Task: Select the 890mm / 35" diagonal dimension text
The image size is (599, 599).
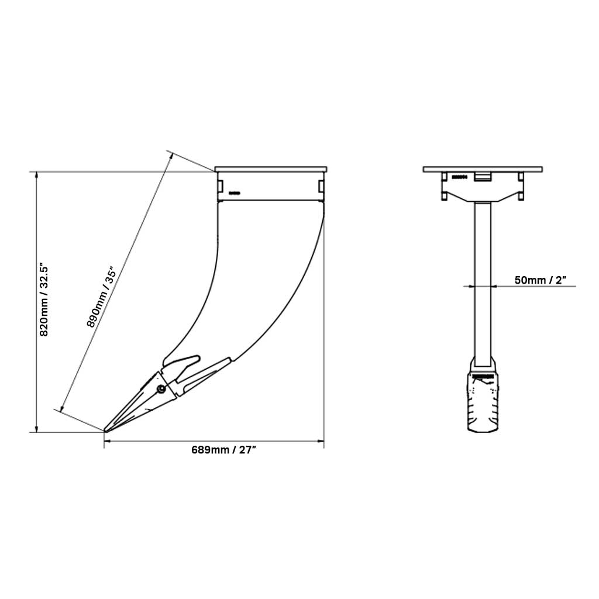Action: point(104,298)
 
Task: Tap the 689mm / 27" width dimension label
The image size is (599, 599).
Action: point(224,450)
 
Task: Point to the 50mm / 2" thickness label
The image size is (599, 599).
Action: point(541,280)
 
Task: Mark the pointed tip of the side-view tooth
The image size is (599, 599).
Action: point(106,431)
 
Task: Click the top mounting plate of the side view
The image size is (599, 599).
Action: point(271,169)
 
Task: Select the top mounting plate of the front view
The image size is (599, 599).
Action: point(483,170)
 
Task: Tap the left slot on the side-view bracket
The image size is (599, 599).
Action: point(220,185)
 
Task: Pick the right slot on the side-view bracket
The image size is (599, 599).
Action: point(321,185)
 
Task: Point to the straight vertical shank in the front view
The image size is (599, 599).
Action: point(483,281)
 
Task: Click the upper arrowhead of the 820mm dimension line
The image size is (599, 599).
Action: point(37,175)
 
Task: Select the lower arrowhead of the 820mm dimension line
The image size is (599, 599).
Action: point(37,429)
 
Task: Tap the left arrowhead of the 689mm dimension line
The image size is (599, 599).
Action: point(108,441)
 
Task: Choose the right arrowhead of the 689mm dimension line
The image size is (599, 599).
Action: point(321,441)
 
